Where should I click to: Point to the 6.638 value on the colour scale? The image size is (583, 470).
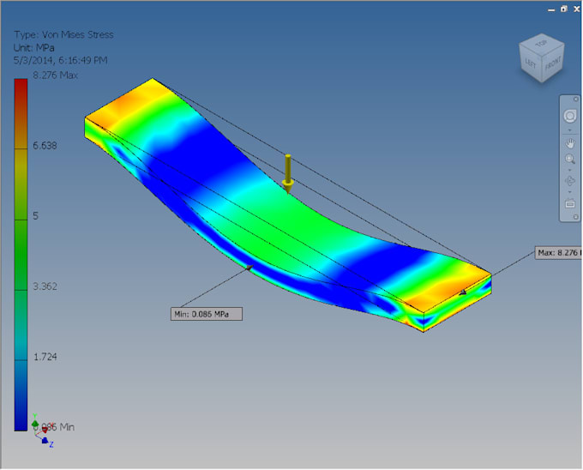(45, 146)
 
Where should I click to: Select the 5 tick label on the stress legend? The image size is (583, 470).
(35, 216)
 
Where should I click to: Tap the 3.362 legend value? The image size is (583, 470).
(45, 286)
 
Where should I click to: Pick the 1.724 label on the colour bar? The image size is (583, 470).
(45, 357)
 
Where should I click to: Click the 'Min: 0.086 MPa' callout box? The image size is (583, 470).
(206, 314)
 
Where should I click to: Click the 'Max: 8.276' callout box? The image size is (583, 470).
(557, 253)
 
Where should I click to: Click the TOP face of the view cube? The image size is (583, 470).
(540, 43)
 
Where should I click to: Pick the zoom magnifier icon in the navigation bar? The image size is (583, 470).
(570, 160)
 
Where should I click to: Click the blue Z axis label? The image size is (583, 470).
(51, 444)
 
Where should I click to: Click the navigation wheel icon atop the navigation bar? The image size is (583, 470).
(570, 117)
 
